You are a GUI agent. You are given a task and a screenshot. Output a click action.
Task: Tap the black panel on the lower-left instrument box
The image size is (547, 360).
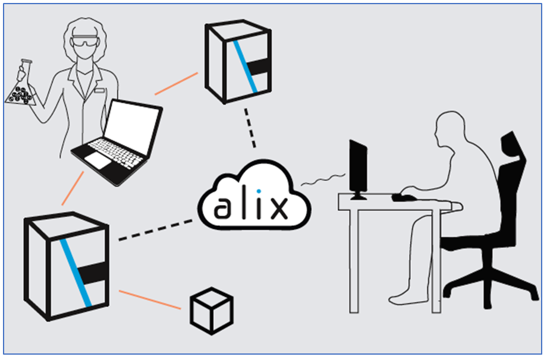click(x=93, y=274)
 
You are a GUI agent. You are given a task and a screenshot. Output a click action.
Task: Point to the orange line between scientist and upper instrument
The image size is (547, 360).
click(x=176, y=84)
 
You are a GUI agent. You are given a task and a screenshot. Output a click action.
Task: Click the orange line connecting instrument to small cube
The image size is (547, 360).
click(x=149, y=299)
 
